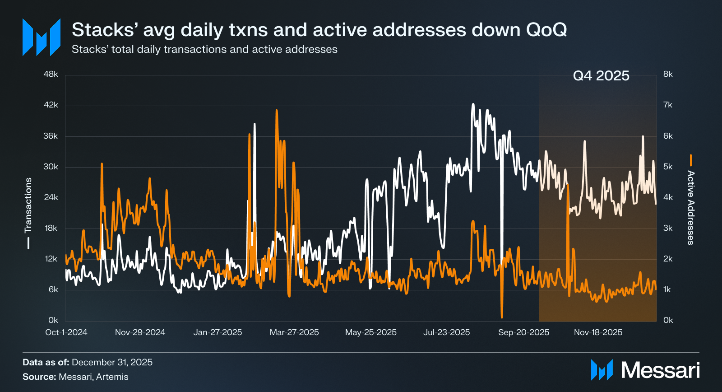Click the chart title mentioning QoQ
coord(319,30)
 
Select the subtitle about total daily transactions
coord(204,49)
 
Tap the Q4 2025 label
coord(601,75)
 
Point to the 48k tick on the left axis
coord(51,74)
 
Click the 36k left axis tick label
coord(51,136)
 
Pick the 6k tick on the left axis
coord(53,289)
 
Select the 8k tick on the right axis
coord(668,74)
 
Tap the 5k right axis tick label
coord(668,167)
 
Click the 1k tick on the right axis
coord(668,289)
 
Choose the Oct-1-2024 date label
coord(66,332)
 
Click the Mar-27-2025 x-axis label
coord(294,332)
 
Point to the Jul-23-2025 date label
coord(446,332)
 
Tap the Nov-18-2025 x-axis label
coord(598,332)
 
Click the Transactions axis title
coord(28,205)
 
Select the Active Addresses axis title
coord(690,208)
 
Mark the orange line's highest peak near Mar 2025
coord(277,110)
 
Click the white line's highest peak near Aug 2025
coord(473,104)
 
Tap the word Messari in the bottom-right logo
coord(660,370)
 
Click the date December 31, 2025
coord(112,362)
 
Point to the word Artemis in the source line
coord(112,377)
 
